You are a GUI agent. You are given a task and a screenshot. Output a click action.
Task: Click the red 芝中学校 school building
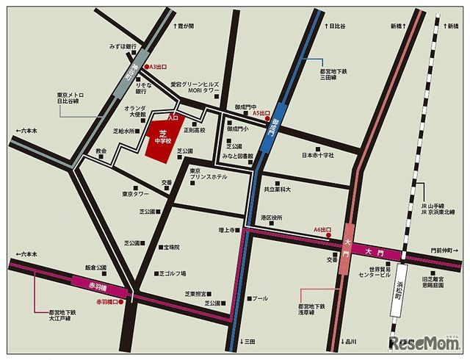[x=162, y=138]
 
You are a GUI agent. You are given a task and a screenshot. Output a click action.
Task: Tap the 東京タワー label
[x=136, y=195]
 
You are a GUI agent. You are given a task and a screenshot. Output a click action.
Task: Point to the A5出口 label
[x=261, y=113]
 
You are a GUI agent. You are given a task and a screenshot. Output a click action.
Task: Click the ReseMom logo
[x=424, y=345]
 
